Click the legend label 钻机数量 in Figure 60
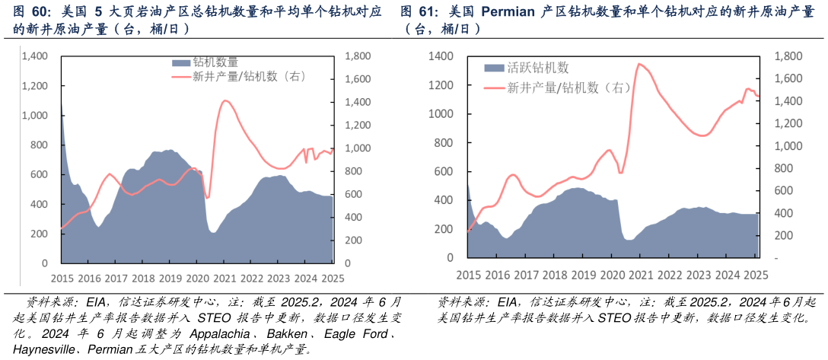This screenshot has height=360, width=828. [215, 62]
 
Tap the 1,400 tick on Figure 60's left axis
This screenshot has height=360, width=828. [35, 56]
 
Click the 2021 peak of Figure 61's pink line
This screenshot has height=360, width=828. [639, 64]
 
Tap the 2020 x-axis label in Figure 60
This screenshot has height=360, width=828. [197, 279]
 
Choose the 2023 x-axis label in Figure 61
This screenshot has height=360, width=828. [699, 275]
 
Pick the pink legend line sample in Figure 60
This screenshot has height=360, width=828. [181, 76]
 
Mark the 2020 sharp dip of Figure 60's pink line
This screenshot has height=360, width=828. [207, 198]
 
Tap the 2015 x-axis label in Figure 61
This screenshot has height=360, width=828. [468, 275]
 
